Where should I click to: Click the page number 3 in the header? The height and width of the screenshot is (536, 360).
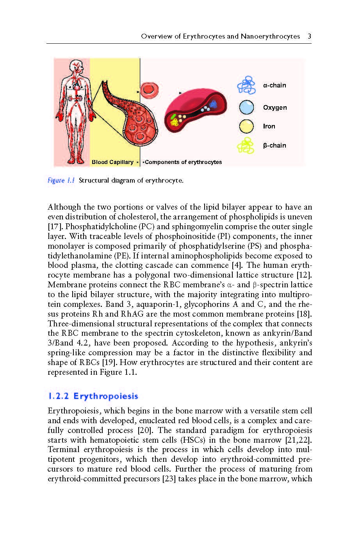click(309, 36)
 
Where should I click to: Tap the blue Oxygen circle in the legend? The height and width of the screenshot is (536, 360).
click(246, 107)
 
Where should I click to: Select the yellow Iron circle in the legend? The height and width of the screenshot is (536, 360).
click(246, 126)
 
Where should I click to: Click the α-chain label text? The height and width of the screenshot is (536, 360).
click(274, 85)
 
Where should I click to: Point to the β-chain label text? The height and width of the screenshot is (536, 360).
click(274, 145)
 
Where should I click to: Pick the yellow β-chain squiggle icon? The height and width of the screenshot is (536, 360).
click(246, 146)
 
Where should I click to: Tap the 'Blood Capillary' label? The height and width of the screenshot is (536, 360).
click(112, 162)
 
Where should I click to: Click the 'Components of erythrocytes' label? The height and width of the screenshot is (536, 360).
click(183, 162)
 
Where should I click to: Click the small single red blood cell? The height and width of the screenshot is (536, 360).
click(148, 89)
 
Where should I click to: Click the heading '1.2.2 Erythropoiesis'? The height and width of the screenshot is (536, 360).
click(93, 396)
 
